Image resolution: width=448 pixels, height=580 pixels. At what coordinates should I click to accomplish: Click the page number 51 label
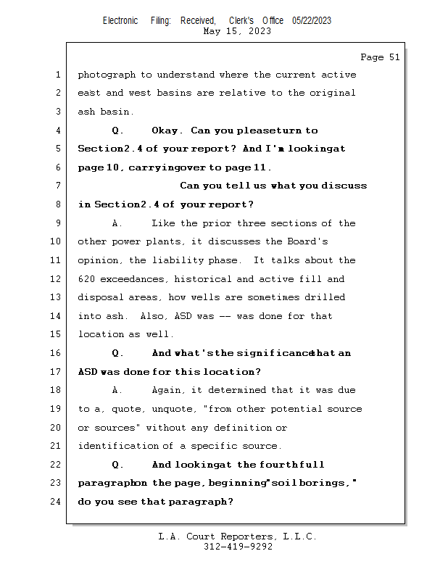pos(380,57)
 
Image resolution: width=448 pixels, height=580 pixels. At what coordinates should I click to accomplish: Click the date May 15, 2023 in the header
pos(237,31)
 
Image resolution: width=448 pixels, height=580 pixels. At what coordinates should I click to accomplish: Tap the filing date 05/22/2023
pos(312,20)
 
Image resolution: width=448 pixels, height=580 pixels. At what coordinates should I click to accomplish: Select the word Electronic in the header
pos(120,20)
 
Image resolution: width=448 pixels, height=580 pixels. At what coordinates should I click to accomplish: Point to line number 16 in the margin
pos(57,353)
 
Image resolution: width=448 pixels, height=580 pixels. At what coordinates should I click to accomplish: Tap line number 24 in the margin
pos(57,501)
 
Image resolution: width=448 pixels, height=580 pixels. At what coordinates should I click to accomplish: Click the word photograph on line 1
pos(106,75)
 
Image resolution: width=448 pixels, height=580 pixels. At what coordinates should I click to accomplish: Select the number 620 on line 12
pos(86,279)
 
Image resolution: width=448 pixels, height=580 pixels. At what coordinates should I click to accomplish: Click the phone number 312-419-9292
pos(238,547)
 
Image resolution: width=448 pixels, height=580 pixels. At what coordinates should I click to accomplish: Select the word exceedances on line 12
pos(136,279)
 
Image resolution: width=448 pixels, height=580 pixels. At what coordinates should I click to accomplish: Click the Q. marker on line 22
pos(118,465)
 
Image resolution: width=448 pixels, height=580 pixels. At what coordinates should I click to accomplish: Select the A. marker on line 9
pos(118,223)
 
